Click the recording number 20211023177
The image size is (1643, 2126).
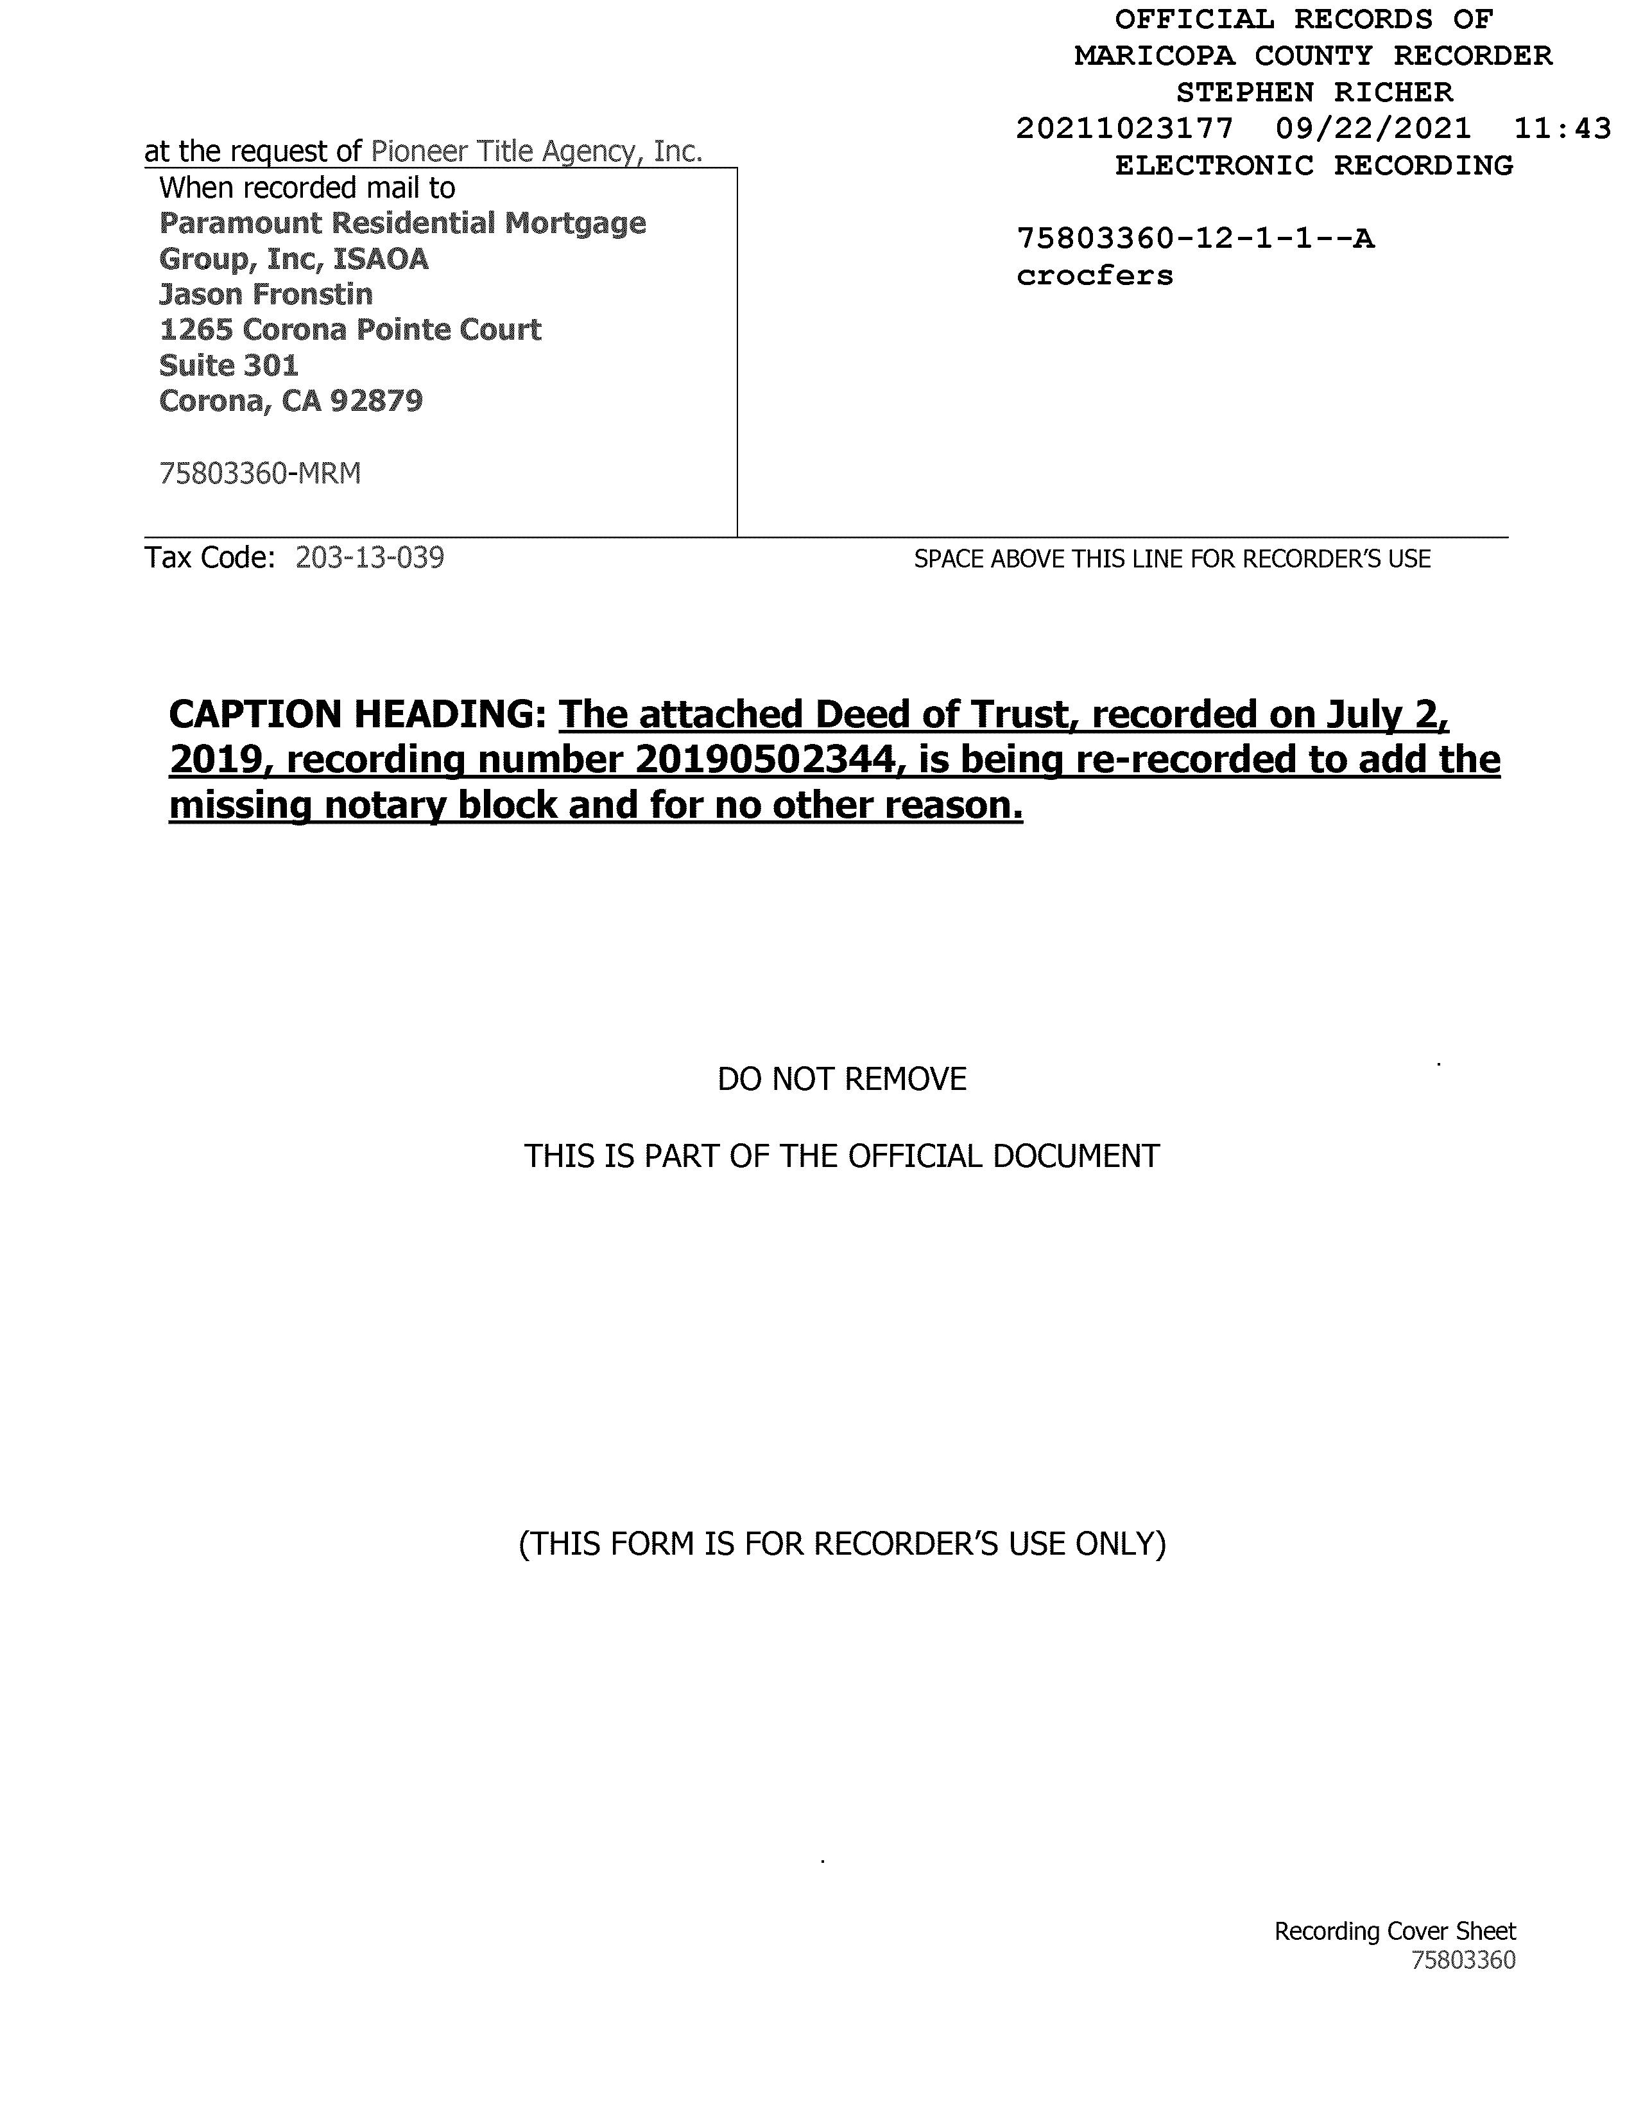[1124, 128]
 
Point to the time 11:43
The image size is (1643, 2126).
[1562, 128]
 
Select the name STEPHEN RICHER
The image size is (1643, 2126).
[1314, 92]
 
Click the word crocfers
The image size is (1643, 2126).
[1095, 275]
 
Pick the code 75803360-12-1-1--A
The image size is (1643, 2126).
[1195, 239]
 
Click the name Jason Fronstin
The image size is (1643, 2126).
[266, 294]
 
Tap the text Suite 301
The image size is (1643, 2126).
[228, 365]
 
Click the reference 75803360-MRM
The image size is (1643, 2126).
[260, 473]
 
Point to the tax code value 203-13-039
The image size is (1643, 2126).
[370, 558]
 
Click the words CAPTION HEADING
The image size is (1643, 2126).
[356, 714]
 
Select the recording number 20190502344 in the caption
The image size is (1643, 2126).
[765, 759]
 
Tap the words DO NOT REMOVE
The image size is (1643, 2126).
[842, 1078]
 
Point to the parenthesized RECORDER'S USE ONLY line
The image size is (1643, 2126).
[842, 1544]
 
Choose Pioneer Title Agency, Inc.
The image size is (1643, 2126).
[537, 151]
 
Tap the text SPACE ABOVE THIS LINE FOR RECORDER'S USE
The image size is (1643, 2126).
[1172, 558]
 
